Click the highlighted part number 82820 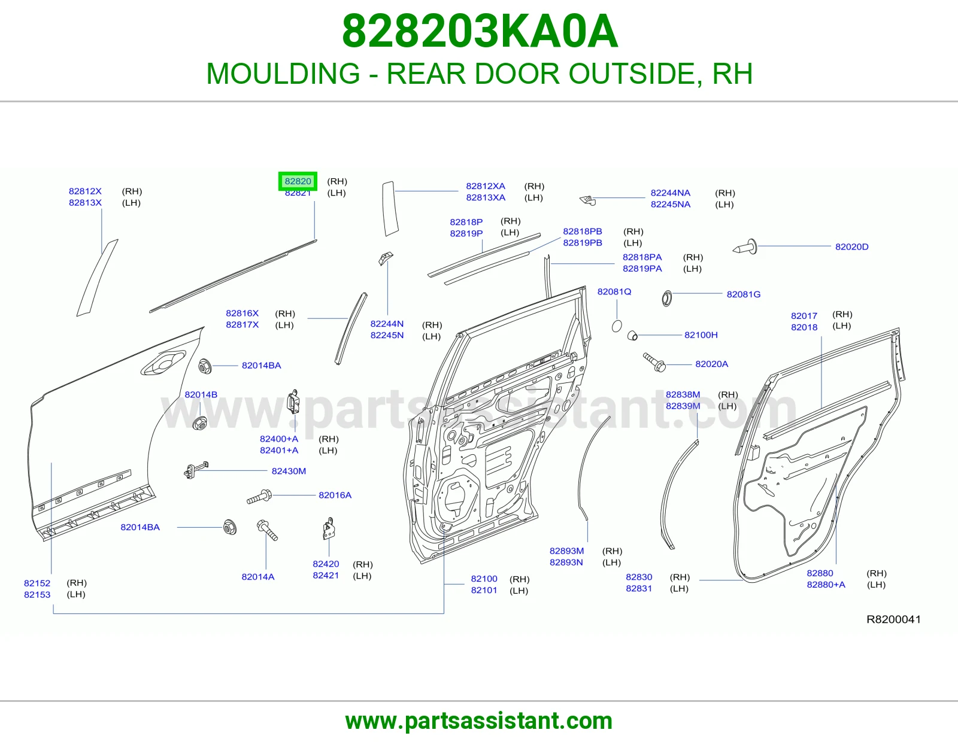[x=298, y=181]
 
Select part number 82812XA [x=486, y=186]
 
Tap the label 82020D [x=852, y=247]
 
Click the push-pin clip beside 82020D [x=745, y=247]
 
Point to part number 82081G [x=743, y=294]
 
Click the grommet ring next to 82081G [x=666, y=299]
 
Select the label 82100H [x=701, y=335]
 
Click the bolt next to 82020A [x=654, y=362]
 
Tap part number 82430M [x=289, y=471]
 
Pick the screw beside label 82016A [x=259, y=497]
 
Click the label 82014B [x=201, y=395]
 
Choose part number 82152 [x=37, y=583]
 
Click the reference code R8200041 [x=893, y=619]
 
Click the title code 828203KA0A [x=480, y=31]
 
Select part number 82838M [x=683, y=394]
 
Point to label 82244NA [x=671, y=193]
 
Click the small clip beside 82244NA [x=588, y=200]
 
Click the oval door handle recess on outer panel [x=163, y=363]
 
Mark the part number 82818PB [x=583, y=232]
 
